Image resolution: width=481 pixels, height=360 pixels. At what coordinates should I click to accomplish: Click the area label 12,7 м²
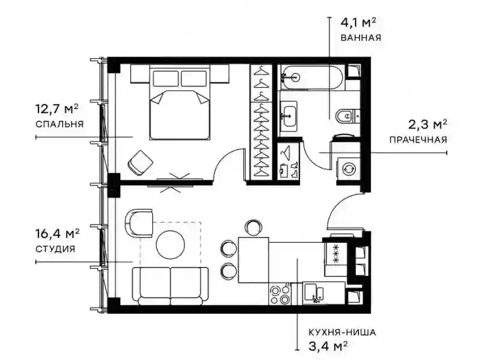pyautogui.click(x=57, y=109)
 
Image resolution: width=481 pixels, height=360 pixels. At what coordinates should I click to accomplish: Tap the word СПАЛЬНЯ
pyautogui.click(x=60, y=124)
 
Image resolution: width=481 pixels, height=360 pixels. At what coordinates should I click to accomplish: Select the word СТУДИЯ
pyautogui.click(x=55, y=249)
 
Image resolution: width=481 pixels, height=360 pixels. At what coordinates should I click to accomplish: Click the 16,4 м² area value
pyautogui.click(x=58, y=234)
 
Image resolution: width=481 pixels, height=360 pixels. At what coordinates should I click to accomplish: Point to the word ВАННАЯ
pyautogui.click(x=361, y=38)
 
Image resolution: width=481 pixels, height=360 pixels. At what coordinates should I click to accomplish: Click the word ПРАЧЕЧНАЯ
pyautogui.click(x=418, y=140)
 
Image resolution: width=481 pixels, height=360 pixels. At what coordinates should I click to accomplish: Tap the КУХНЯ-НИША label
pyautogui.click(x=342, y=332)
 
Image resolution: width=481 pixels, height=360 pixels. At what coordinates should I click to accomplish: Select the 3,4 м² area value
pyautogui.click(x=328, y=347)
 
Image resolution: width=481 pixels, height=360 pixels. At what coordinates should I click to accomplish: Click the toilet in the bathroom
pyautogui.click(x=348, y=116)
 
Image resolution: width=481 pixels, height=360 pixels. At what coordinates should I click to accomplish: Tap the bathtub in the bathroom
pyautogui.click(x=312, y=78)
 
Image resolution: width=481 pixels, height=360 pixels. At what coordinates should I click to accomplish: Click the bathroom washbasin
pyautogui.click(x=289, y=116)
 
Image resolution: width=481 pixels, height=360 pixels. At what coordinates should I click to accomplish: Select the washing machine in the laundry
pyautogui.click(x=349, y=169)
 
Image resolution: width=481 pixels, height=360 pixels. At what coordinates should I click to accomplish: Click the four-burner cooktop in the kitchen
pyautogui.click(x=280, y=295)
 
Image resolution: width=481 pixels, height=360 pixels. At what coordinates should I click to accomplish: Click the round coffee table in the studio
pyautogui.click(x=170, y=245)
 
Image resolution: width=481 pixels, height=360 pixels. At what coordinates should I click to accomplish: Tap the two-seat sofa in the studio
pyautogui.click(x=170, y=286)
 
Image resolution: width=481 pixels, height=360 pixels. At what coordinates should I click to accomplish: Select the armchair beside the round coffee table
pyautogui.click(x=139, y=223)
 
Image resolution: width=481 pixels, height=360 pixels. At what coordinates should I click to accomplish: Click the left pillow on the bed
pyautogui.click(x=166, y=79)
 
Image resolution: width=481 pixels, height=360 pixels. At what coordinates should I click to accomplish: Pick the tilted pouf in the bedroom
pyautogui.click(x=141, y=163)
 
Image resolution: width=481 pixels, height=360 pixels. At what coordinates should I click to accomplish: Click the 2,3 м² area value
pyautogui.click(x=427, y=124)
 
